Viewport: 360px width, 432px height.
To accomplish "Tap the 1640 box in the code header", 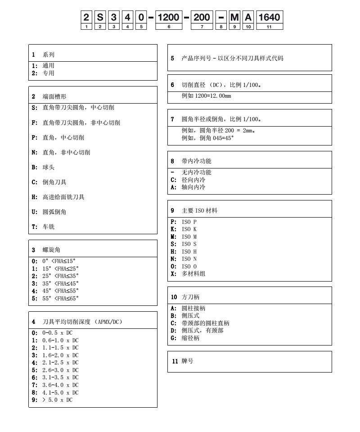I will pyautogui.click(x=269, y=18).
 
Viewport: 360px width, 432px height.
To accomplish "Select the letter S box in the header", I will pyautogui.click(x=100, y=18).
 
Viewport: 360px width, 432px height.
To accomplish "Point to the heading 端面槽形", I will pyautogui.click(x=51, y=96).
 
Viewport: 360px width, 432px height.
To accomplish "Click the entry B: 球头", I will pyautogui.click(x=43, y=167).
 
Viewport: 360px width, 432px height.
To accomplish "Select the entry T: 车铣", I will pyautogui.click(x=43, y=227).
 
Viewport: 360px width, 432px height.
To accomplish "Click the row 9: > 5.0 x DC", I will pyautogui.click(x=52, y=400).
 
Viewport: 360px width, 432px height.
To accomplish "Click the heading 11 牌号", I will pyautogui.click(x=183, y=361).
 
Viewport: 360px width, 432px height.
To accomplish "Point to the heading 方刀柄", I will pyautogui.click(x=190, y=297).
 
